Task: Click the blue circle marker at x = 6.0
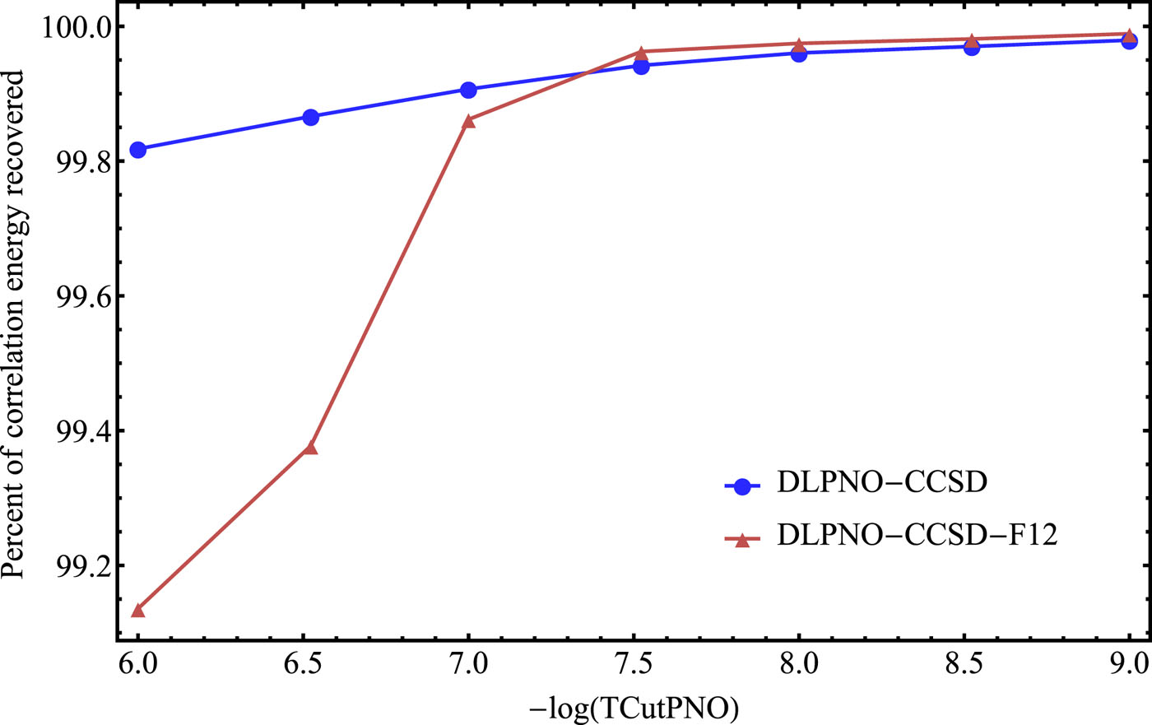click(x=138, y=150)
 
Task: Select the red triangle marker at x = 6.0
click(x=138, y=611)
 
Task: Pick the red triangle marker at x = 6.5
click(x=310, y=448)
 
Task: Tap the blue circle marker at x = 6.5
click(x=310, y=117)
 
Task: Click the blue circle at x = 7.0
click(x=468, y=90)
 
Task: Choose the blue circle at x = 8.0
click(x=799, y=53)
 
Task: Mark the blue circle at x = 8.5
click(x=972, y=47)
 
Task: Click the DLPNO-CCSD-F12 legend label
click(x=917, y=536)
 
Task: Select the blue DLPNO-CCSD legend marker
click(x=742, y=486)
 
